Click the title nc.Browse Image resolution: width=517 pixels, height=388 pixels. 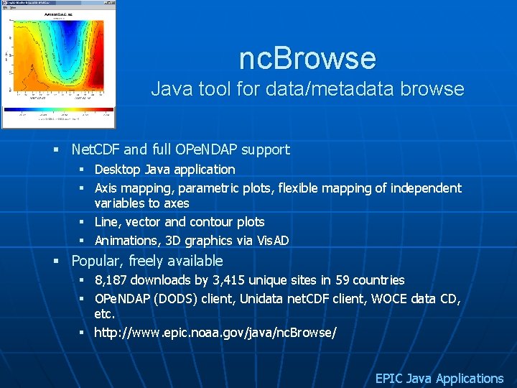[307, 58]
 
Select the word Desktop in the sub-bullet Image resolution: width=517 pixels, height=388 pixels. [118, 170]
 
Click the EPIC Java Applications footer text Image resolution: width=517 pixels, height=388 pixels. [439, 378]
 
